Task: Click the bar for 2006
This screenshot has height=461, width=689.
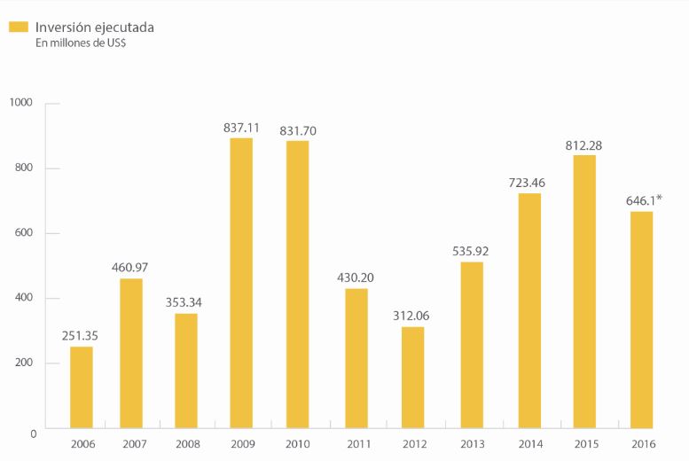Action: click(82, 387)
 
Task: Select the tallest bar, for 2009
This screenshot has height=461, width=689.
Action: click(241, 283)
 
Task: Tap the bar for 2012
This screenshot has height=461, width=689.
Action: click(412, 378)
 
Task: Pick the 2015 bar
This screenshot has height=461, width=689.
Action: click(584, 292)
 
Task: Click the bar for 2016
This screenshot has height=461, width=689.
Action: click(641, 320)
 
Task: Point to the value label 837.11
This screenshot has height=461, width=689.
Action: click(241, 128)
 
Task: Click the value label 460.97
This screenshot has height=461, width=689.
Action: click(129, 268)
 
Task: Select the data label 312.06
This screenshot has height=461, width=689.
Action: click(411, 316)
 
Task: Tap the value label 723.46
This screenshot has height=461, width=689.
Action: click(527, 183)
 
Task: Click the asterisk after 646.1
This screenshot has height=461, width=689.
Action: click(659, 198)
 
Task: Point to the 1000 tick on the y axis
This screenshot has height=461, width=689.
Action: click(20, 103)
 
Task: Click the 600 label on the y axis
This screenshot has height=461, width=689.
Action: click(24, 232)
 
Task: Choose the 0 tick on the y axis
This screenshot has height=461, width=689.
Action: click(34, 434)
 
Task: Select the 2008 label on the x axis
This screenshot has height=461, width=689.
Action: click(188, 444)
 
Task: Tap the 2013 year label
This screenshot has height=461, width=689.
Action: click(473, 444)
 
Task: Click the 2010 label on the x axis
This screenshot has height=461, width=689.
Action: click(297, 444)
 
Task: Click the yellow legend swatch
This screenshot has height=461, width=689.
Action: click(19, 27)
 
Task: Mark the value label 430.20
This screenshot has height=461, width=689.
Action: click(356, 277)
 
